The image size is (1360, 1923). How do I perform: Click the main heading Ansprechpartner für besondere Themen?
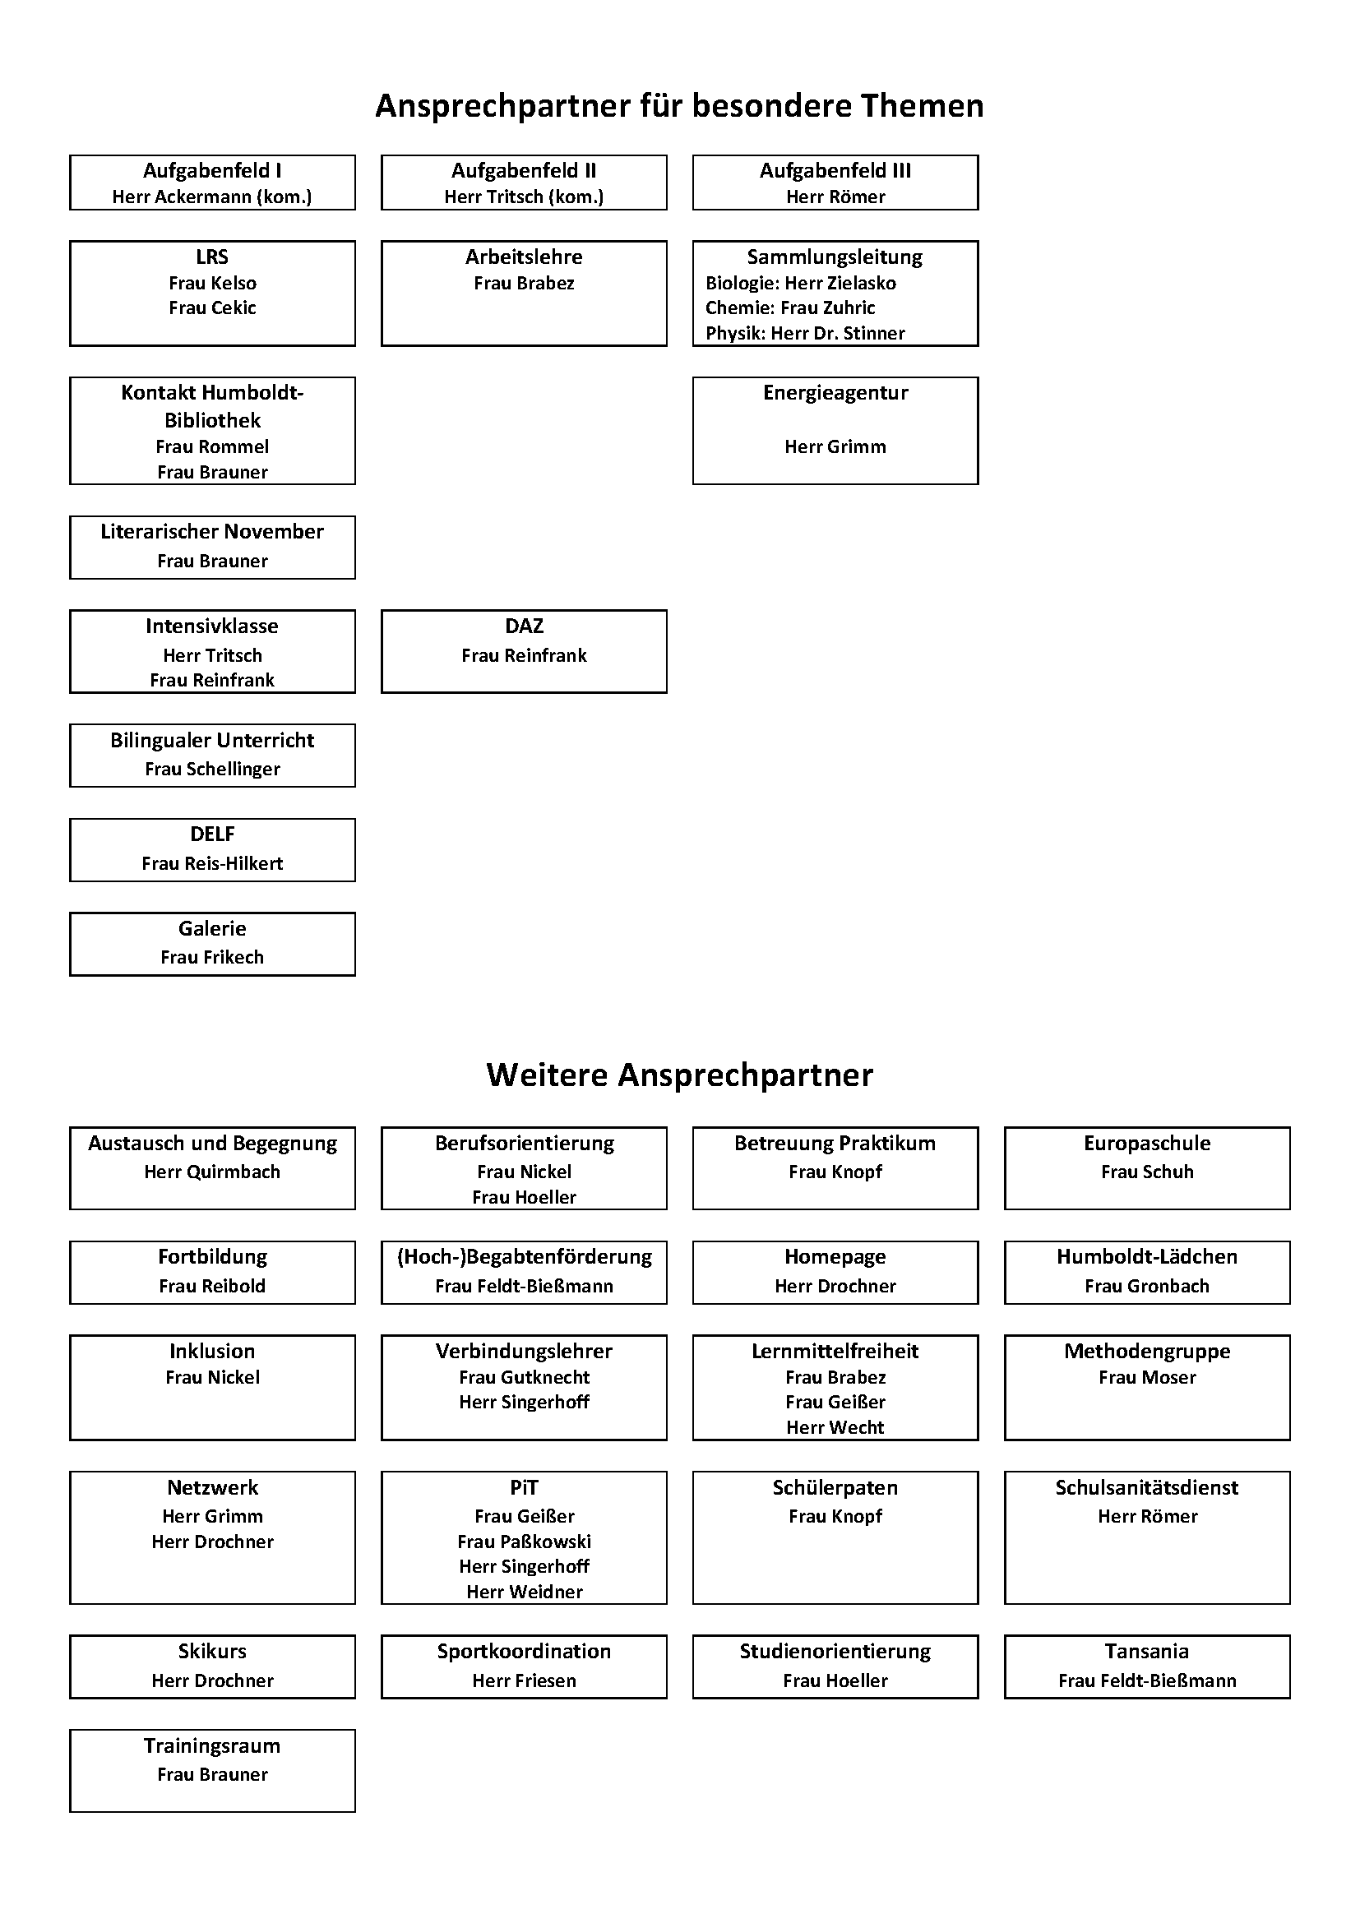pyautogui.click(x=679, y=106)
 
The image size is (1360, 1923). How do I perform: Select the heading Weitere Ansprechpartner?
pyautogui.click(x=679, y=1075)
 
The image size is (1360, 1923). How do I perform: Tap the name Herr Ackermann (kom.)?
pyautogui.click(x=212, y=196)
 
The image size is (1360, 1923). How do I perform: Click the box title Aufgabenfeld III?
pyautogui.click(x=835, y=171)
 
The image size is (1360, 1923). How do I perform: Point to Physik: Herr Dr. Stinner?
pyautogui.click(x=805, y=333)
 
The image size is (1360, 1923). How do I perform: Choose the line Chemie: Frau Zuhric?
pyautogui.click(x=789, y=307)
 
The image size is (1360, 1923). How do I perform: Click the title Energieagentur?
pyautogui.click(x=835, y=393)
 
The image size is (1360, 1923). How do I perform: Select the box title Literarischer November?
pyautogui.click(x=212, y=532)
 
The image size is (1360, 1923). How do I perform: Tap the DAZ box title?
pyautogui.click(x=524, y=626)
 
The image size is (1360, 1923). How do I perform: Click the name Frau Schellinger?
pyautogui.click(x=212, y=769)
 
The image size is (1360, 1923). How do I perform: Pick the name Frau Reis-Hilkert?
pyautogui.click(x=212, y=863)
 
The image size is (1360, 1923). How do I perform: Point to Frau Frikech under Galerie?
pyautogui.click(x=212, y=957)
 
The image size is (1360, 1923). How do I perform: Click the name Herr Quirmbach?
pyautogui.click(x=212, y=1172)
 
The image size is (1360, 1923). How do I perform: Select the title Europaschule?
pyautogui.click(x=1146, y=1144)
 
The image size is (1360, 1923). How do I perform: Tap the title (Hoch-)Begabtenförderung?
pyautogui.click(x=524, y=1256)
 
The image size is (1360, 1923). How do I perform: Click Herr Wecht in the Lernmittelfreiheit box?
pyautogui.click(x=835, y=1427)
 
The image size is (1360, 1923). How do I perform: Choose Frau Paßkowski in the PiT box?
pyautogui.click(x=524, y=1541)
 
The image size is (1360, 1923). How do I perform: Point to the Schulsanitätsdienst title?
pyautogui.click(x=1146, y=1487)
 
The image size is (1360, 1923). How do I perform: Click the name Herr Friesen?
pyautogui.click(x=524, y=1680)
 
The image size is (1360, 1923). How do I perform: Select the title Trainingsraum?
pyautogui.click(x=212, y=1745)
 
